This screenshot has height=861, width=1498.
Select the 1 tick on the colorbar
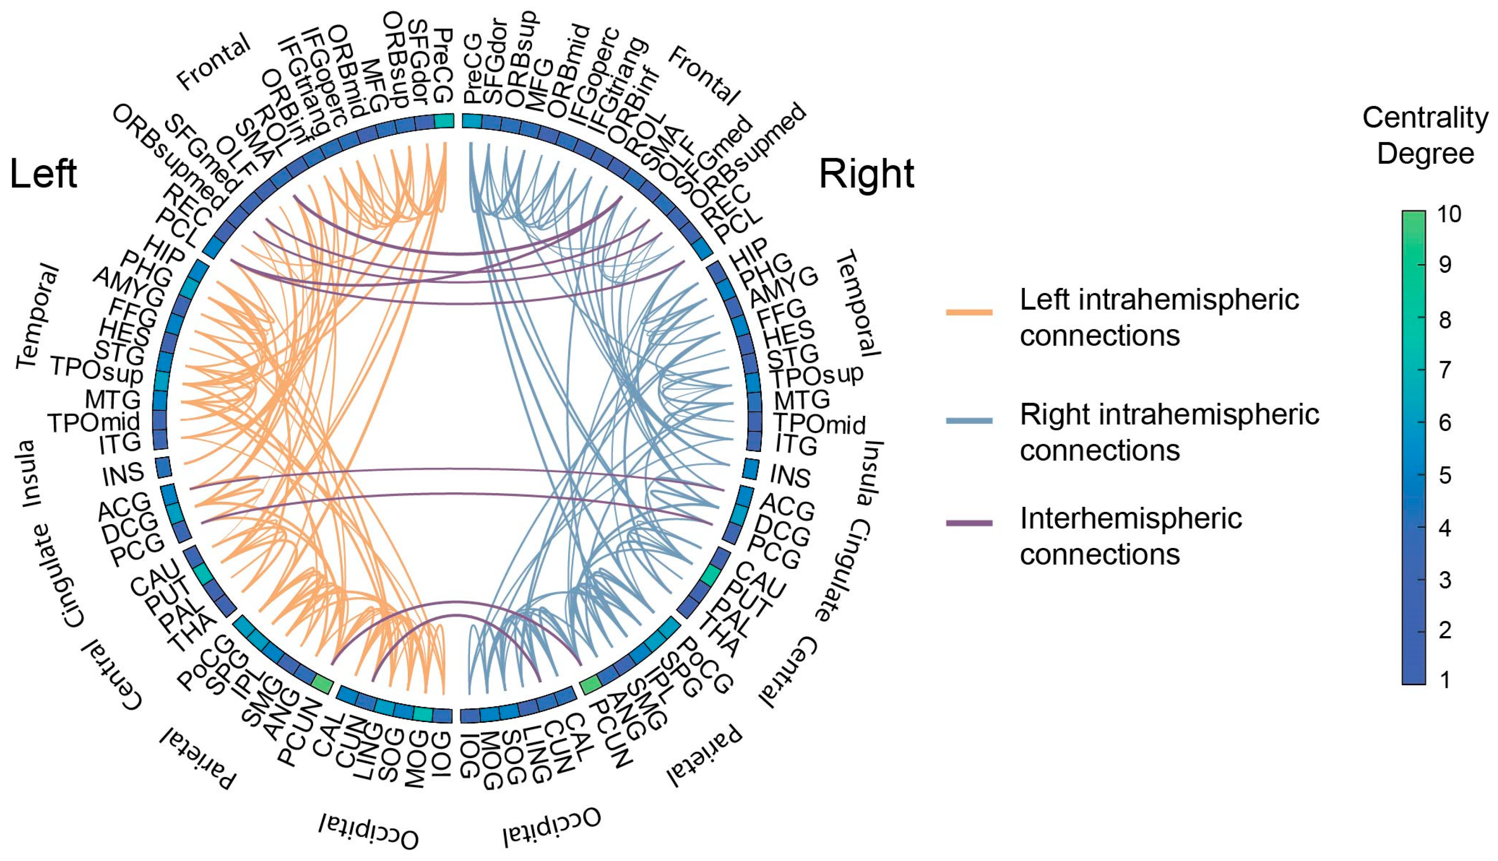[x=1445, y=680]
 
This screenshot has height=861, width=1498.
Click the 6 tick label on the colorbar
[x=1445, y=423]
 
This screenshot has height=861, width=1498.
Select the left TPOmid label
[x=93, y=423]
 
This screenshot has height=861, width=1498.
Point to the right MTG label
[x=802, y=400]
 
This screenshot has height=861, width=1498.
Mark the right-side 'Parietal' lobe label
[x=704, y=756]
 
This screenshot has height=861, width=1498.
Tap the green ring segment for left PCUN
[x=322, y=684]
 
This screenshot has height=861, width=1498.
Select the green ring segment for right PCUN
[x=591, y=685]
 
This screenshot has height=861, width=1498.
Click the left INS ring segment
[x=163, y=467]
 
